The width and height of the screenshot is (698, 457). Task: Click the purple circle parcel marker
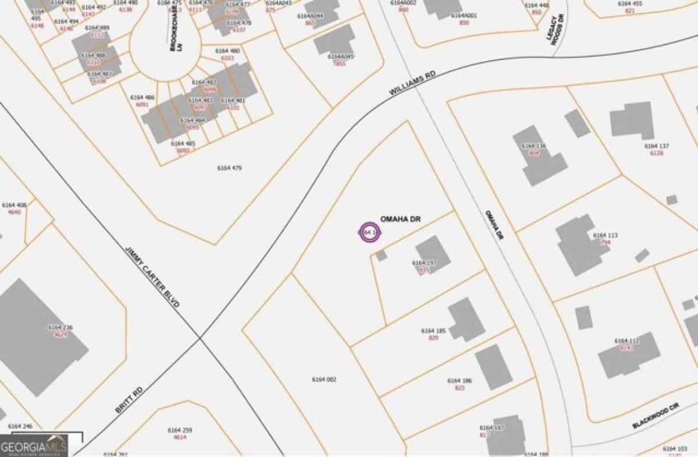tap(369, 232)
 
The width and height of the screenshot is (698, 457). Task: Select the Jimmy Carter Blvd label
tap(152, 277)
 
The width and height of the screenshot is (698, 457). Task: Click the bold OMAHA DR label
tap(400, 219)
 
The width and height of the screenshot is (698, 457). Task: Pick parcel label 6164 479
tap(229, 168)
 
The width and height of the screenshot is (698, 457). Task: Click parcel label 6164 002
tap(325, 380)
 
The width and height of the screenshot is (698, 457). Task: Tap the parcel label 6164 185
tap(433, 331)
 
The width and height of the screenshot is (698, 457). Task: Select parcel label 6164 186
tap(459, 381)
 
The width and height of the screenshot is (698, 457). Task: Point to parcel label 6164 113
tap(605, 235)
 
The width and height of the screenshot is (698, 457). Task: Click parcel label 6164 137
tap(657, 146)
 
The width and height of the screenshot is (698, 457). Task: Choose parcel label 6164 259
tap(180, 430)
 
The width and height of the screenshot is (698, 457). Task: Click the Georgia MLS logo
tap(34, 446)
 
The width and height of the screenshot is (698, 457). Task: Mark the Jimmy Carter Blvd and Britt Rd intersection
tap(200, 338)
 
